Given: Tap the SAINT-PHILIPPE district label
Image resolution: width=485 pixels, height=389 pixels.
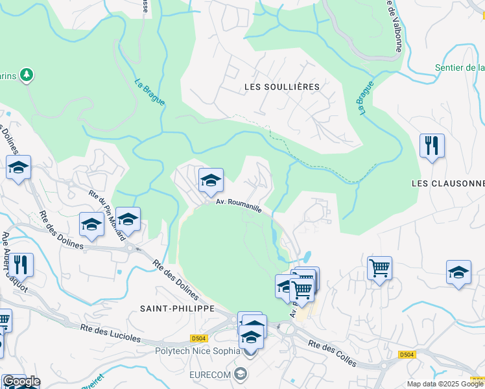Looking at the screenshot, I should (x=177, y=309).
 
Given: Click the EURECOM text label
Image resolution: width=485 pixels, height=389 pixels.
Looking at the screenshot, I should (x=210, y=375).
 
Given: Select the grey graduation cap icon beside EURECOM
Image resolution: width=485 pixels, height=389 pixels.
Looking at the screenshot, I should (x=241, y=374).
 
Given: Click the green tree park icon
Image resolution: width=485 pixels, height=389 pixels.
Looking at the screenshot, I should (x=27, y=76).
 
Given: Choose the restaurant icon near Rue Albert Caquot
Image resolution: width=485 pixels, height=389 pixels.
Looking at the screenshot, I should (x=21, y=265).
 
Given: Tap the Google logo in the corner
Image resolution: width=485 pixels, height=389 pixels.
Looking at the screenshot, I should (x=21, y=381).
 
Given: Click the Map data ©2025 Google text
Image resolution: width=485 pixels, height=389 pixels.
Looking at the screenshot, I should (x=445, y=384).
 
